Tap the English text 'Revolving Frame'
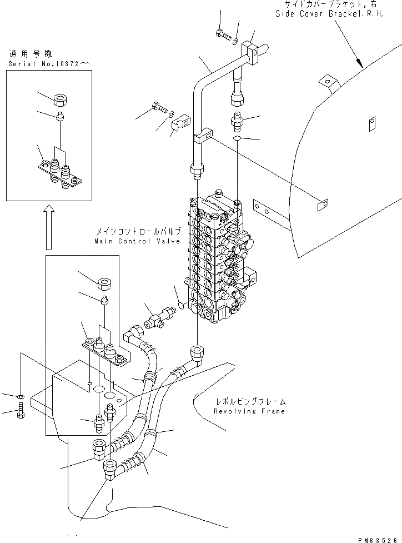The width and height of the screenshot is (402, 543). [x=249, y=411]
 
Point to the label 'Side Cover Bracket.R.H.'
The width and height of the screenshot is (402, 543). [x=329, y=14]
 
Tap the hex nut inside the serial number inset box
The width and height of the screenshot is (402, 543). [x=61, y=101]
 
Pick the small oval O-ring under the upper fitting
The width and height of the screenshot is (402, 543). [x=238, y=138]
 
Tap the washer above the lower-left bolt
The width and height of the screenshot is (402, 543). [x=21, y=397]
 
